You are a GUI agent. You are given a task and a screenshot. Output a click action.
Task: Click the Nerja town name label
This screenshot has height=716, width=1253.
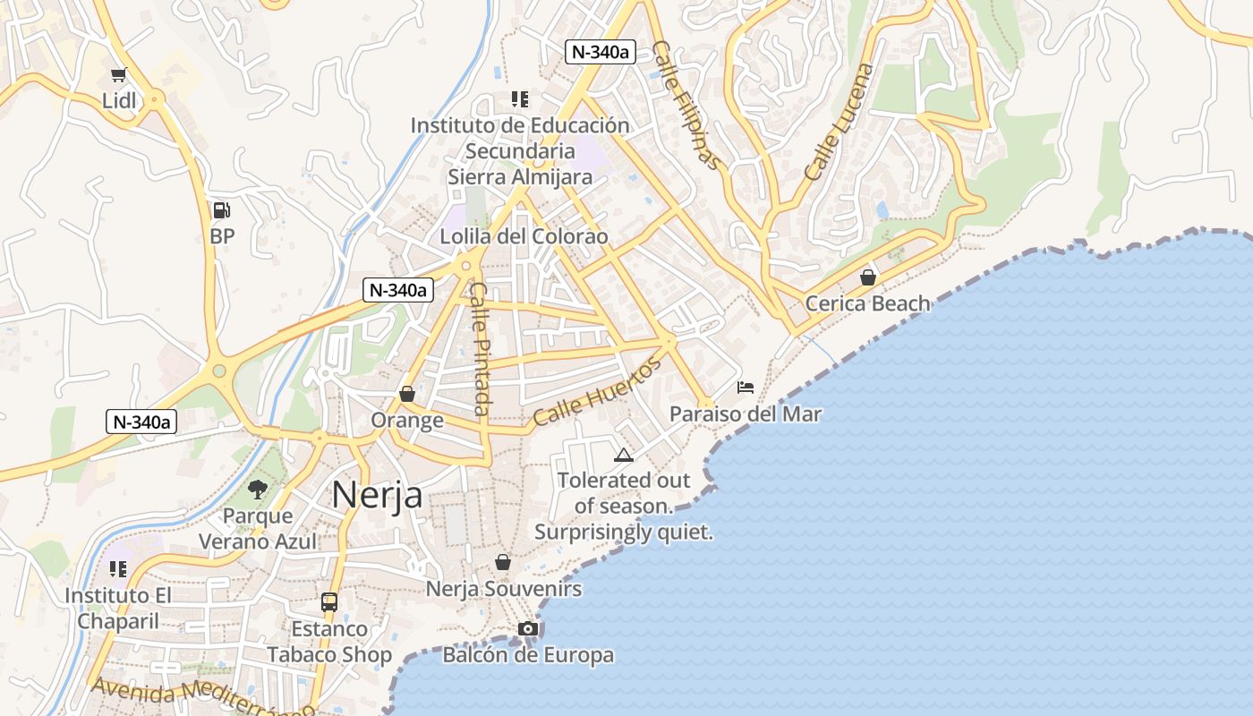(x=377, y=494)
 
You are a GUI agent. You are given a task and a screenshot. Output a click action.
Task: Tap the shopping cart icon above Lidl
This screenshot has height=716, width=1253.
(x=118, y=74)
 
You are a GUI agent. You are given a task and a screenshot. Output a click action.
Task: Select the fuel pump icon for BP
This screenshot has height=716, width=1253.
(x=221, y=211)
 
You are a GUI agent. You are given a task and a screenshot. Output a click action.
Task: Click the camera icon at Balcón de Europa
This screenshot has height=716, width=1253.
(x=528, y=628)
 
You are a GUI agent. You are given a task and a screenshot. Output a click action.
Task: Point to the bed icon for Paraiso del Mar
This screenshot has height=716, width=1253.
(x=745, y=388)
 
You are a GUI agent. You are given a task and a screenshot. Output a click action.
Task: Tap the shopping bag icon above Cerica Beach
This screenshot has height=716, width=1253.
(x=867, y=277)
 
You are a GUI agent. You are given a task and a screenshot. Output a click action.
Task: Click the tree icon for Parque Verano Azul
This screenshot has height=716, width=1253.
(x=258, y=490)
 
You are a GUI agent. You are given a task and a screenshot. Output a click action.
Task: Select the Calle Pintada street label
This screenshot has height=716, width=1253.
(x=481, y=349)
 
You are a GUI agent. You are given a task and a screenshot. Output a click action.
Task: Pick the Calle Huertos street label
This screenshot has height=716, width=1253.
(x=597, y=391)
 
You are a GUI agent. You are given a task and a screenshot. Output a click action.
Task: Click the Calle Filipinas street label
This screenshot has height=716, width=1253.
(x=686, y=105)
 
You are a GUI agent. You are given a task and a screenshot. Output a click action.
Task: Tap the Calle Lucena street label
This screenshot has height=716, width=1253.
(x=838, y=122)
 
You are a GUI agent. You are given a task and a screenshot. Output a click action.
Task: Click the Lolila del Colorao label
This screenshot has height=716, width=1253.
(x=524, y=237)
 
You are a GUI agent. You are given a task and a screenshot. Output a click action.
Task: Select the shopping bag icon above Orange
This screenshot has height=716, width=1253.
(x=407, y=394)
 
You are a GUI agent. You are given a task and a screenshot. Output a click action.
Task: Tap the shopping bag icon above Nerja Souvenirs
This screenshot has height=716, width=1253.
(x=503, y=562)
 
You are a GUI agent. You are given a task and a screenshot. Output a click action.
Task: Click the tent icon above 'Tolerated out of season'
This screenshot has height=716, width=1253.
(x=623, y=455)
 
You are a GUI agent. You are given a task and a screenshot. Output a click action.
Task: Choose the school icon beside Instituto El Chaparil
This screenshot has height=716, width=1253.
(x=118, y=569)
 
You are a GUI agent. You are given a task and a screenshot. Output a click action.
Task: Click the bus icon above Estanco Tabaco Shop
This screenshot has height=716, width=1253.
(x=329, y=602)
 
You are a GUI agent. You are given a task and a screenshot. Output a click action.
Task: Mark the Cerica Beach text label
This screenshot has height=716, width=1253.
(x=867, y=303)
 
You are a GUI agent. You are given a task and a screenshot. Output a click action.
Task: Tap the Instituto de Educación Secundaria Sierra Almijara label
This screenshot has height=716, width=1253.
(x=520, y=151)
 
